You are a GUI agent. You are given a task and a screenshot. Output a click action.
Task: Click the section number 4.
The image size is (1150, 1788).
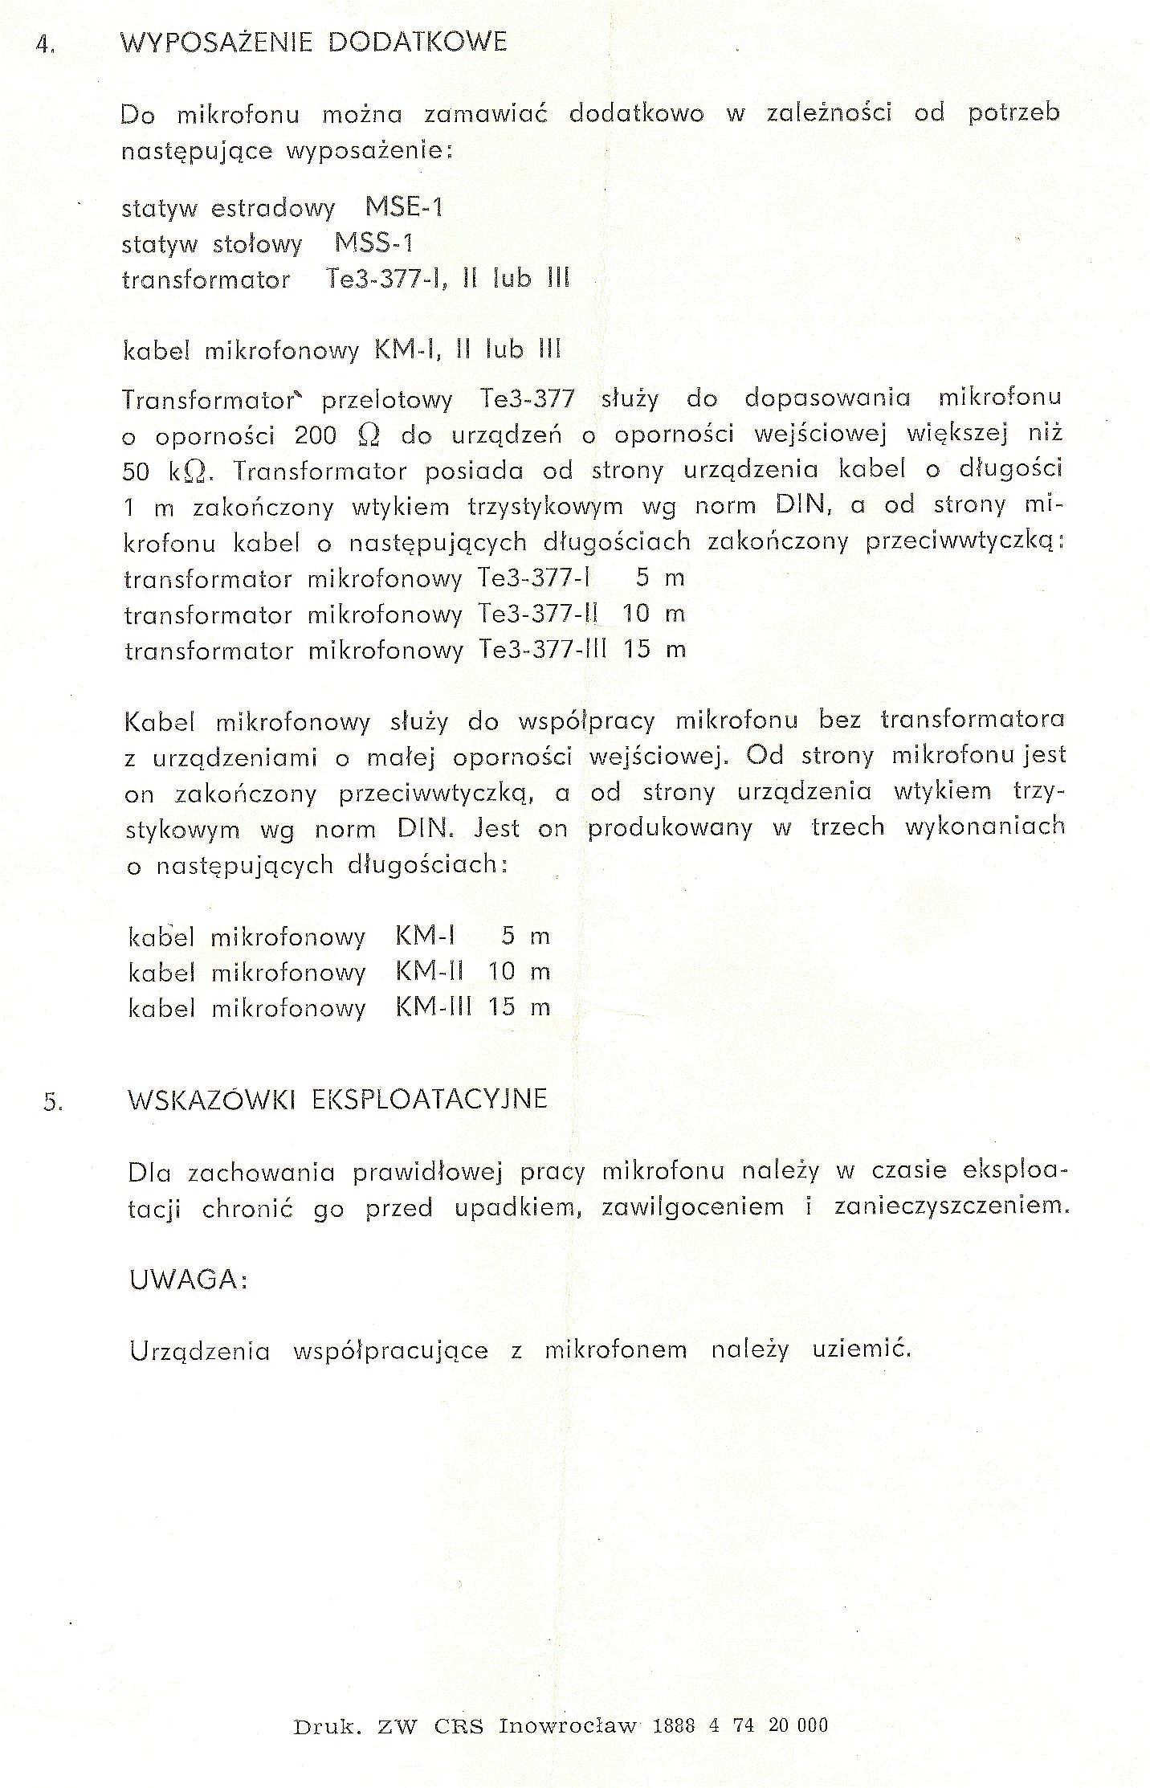(x=44, y=45)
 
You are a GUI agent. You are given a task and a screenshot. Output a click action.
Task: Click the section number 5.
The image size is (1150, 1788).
(x=53, y=1103)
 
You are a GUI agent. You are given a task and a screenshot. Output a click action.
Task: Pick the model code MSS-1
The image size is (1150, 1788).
(x=373, y=243)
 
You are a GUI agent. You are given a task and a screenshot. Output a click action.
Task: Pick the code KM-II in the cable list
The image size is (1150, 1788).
(x=430, y=971)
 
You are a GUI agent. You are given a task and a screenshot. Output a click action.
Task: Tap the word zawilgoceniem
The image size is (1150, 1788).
(x=693, y=1207)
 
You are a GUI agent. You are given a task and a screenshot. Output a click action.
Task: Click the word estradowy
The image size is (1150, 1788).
(x=273, y=209)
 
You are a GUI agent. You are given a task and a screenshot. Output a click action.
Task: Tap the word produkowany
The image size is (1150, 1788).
(x=670, y=828)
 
